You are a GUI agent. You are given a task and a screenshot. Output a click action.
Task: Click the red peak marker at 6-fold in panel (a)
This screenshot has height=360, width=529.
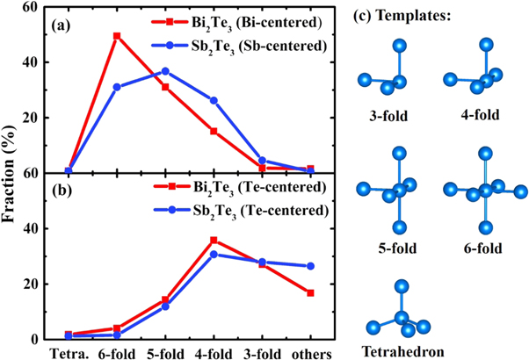117,36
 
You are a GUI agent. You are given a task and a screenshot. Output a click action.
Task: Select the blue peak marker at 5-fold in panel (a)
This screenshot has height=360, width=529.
165,71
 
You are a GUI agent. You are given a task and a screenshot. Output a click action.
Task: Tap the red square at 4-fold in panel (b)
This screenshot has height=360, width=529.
214,240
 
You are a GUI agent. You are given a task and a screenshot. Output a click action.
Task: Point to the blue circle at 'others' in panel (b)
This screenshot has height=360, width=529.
309,266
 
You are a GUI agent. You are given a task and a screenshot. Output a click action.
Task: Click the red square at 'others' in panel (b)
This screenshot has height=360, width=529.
309,292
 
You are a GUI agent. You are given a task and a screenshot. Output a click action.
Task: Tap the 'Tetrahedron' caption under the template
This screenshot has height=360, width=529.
401,350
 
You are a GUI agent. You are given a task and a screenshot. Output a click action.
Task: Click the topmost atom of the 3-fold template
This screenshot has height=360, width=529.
400,46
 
